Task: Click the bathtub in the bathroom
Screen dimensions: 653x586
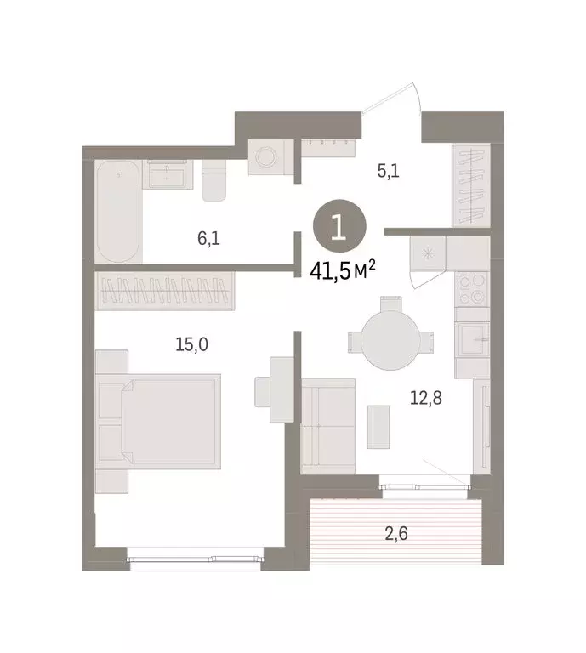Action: pyautogui.click(x=119, y=212)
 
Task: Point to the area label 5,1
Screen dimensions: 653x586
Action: pyautogui.click(x=389, y=171)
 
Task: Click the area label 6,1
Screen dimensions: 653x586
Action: pyautogui.click(x=209, y=239)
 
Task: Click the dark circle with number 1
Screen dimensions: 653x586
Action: pyautogui.click(x=339, y=227)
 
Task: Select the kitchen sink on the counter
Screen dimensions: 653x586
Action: pyautogui.click(x=473, y=339)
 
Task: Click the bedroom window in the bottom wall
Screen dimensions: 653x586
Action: pyautogui.click(x=197, y=558)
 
